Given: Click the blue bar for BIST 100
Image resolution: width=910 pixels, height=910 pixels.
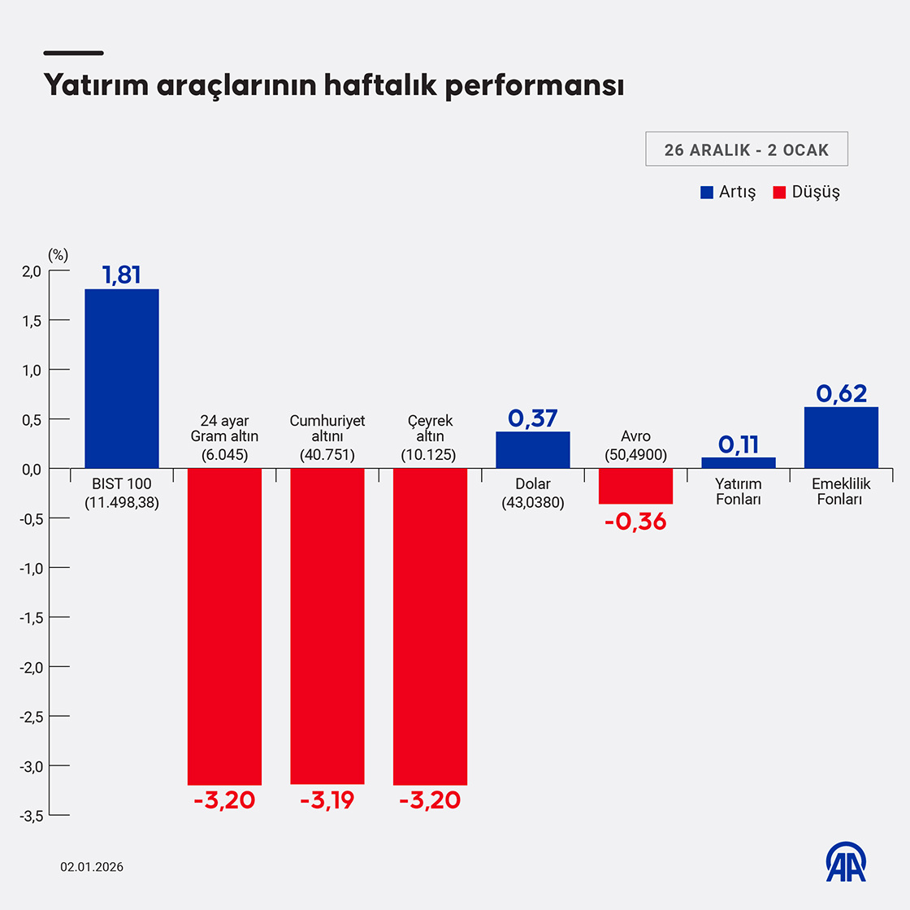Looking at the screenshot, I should tap(122, 378).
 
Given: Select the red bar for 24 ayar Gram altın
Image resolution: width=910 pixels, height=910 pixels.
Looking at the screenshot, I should tap(224, 626).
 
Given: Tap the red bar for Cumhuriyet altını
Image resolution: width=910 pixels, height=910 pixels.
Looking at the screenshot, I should tap(327, 626).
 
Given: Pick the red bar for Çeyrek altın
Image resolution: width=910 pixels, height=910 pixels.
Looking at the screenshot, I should tap(430, 626).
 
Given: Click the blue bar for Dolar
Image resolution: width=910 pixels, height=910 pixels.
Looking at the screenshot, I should tap(533, 449).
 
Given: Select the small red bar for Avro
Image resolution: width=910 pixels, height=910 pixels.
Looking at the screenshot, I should tap(635, 486).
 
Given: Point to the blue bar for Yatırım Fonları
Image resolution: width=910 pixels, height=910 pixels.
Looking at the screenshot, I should tap(739, 462).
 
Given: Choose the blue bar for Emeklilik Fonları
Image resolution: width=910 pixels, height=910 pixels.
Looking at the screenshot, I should tap(841, 437).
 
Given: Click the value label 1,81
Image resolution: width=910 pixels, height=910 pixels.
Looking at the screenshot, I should tap(122, 275).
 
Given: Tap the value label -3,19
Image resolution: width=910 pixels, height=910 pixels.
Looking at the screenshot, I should tap(327, 800).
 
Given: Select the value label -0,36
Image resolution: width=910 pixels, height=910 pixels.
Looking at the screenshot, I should tap(635, 522).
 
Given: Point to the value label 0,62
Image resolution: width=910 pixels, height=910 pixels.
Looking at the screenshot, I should tap(841, 393).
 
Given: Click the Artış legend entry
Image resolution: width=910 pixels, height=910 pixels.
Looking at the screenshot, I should tap(729, 193).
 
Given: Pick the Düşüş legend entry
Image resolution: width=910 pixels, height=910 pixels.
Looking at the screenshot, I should tap(806, 193).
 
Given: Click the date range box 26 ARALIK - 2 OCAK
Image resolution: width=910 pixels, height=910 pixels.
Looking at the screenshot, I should tap(746, 149).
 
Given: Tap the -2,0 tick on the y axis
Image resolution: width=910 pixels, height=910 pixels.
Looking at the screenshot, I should tap(32, 667).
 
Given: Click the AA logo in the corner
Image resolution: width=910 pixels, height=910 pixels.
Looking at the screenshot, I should tap(846, 861).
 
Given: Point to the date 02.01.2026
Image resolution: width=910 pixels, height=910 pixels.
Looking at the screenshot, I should tap(92, 867).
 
